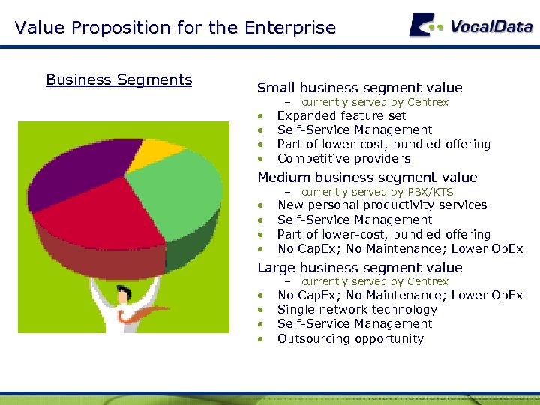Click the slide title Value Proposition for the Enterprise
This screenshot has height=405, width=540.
[175, 28]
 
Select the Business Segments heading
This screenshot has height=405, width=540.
[118, 79]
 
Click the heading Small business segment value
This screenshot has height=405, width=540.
[359, 88]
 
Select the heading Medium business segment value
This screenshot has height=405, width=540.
[367, 178]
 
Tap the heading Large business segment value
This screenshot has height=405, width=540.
[359, 268]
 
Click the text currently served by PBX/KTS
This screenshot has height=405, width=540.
[377, 192]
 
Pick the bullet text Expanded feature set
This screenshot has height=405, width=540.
[341, 116]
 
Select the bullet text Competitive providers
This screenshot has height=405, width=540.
[343, 159]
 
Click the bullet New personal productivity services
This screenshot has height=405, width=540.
[382, 205]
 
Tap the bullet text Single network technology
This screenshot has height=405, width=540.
[357, 310]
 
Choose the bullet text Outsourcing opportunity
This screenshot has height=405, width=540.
[350, 339]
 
